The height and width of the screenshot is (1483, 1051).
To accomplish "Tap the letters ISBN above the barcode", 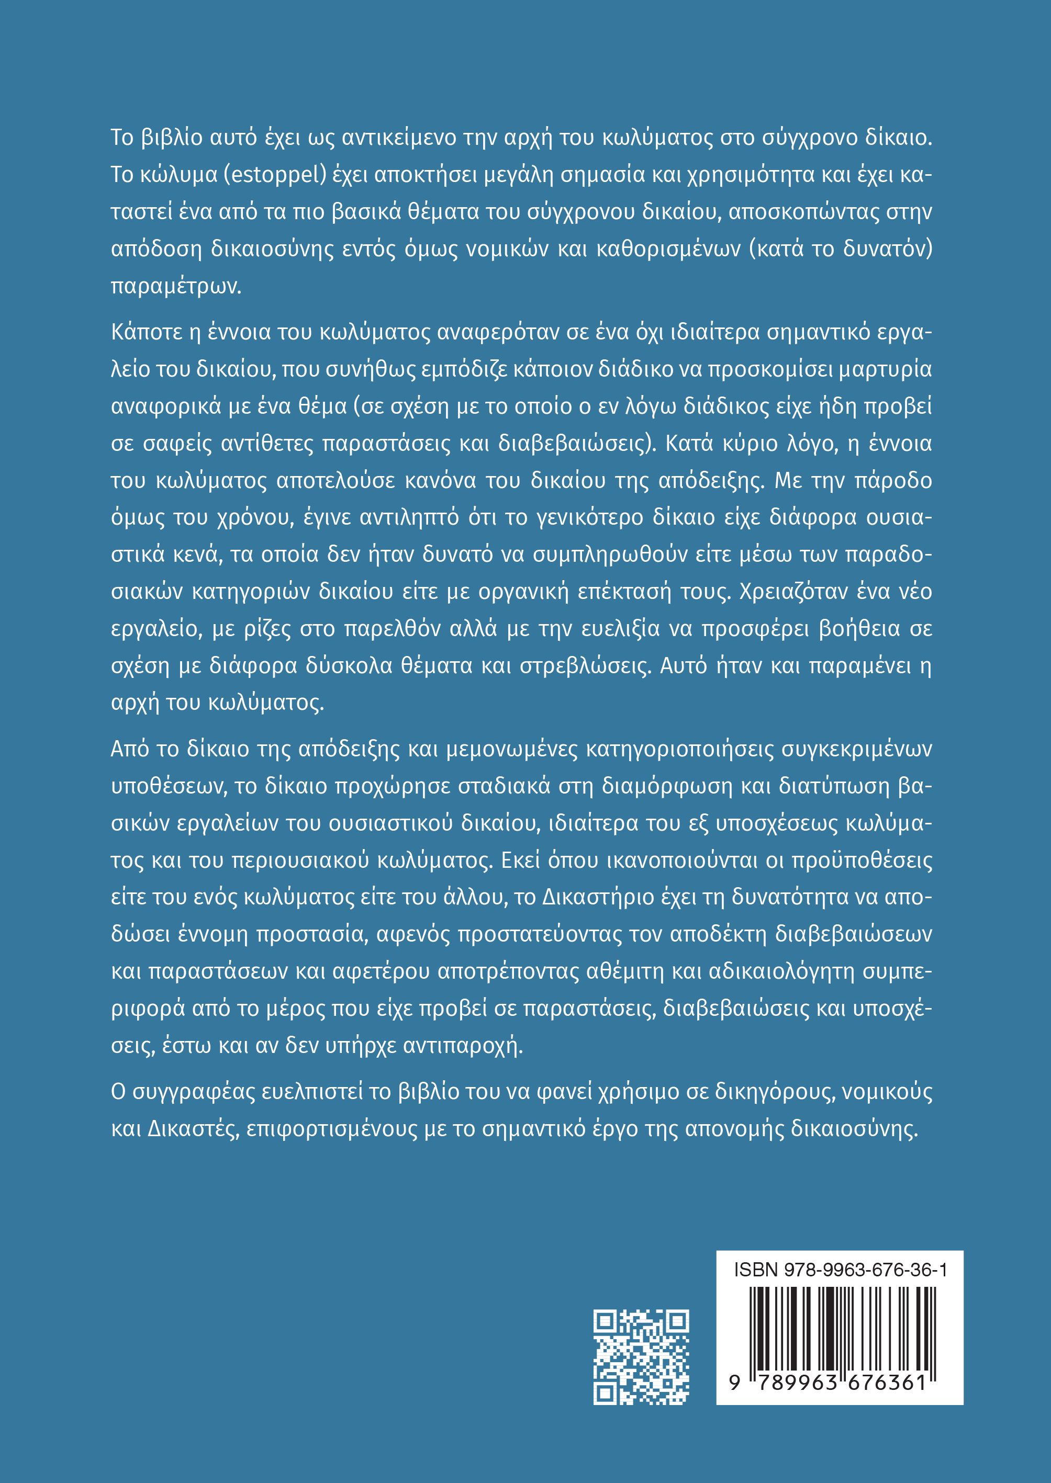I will click(755, 1270).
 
